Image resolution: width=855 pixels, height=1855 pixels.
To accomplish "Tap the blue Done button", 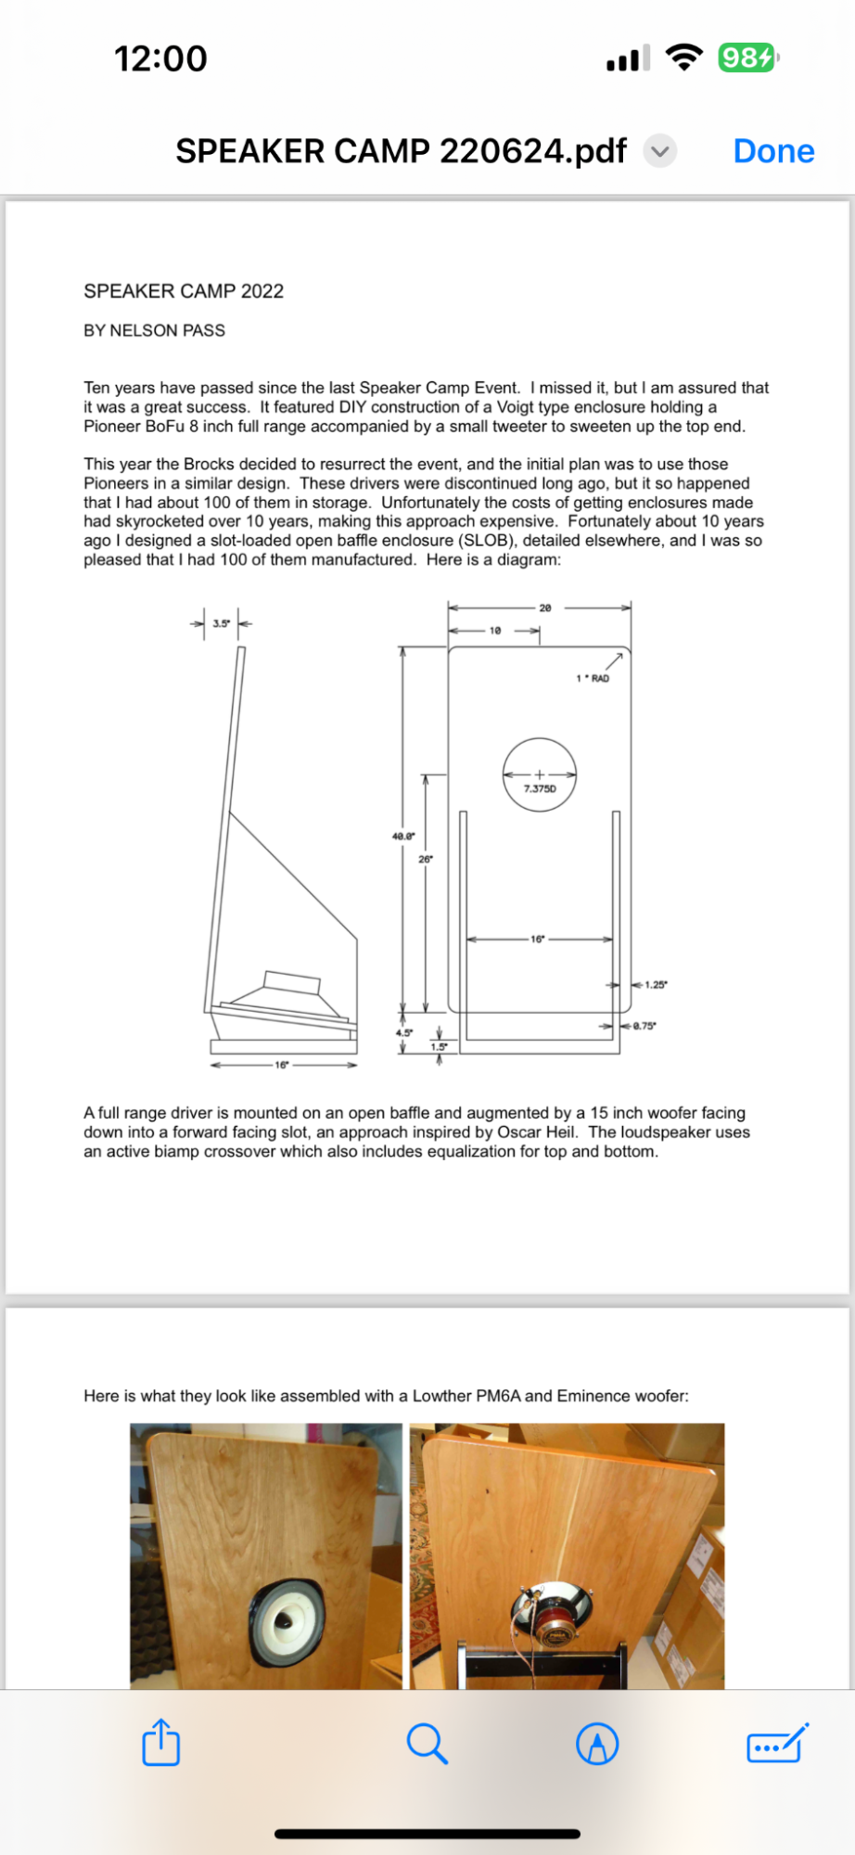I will tap(773, 151).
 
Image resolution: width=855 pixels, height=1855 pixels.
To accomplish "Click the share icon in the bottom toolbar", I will tap(161, 1743).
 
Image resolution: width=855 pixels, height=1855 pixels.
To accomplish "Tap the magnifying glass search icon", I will tap(427, 1744).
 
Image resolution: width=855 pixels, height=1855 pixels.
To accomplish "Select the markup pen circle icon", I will tap(597, 1744).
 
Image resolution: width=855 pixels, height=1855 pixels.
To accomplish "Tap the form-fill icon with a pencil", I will tap(777, 1744).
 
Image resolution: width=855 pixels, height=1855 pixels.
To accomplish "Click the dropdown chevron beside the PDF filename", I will tap(660, 151).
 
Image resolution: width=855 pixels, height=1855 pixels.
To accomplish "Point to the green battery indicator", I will tap(747, 58).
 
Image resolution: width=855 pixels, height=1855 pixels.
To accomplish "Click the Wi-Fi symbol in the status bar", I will tap(684, 58).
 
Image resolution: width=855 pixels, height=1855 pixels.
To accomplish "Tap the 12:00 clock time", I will tap(160, 59).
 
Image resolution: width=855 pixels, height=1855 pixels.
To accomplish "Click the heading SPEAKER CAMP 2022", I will tap(184, 291).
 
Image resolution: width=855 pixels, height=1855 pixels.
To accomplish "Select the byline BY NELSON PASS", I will tap(154, 330).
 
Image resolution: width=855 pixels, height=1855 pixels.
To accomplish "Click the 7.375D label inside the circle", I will tap(540, 789).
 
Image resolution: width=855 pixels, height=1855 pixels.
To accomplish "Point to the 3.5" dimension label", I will tap(221, 623).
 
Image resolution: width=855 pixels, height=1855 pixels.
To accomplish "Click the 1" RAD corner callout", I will tap(593, 679).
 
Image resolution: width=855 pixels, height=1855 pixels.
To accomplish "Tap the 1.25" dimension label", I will tap(656, 985).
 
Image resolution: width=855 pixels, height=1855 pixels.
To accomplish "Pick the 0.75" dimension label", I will tap(644, 1026).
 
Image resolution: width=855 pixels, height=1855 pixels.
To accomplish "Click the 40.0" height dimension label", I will tap(403, 837).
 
